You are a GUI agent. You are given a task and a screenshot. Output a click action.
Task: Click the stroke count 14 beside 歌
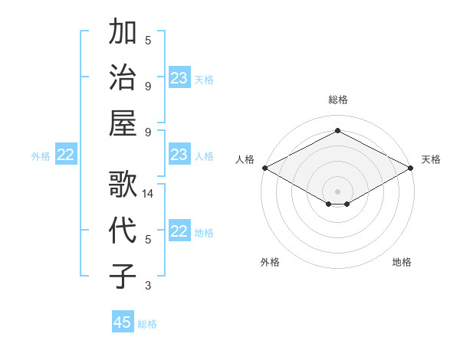coord(149,194)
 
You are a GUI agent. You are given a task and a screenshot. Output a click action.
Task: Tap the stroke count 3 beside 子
coord(148,286)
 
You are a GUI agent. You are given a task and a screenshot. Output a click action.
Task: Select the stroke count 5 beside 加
coord(148,40)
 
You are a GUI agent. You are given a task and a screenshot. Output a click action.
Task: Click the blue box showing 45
coord(123,322)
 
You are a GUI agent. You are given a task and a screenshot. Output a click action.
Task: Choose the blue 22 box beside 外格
coord(66,155)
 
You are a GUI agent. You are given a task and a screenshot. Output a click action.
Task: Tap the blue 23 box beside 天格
coord(179,78)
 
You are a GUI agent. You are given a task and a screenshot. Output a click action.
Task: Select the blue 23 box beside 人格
coord(179,155)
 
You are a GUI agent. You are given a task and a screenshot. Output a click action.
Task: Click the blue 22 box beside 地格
coord(179,232)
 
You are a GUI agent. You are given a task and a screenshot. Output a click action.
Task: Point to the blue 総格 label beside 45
coord(147,324)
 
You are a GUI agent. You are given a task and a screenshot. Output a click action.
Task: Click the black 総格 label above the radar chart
coord(337,100)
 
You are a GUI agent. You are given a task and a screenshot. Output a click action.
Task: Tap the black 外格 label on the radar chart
coord(270,263)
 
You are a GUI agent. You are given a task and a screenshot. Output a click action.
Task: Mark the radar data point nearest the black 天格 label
coord(412,168)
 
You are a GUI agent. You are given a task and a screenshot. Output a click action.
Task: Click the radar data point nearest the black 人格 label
coord(264,168)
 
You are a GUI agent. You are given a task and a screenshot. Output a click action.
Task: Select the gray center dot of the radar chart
coord(337,190)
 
